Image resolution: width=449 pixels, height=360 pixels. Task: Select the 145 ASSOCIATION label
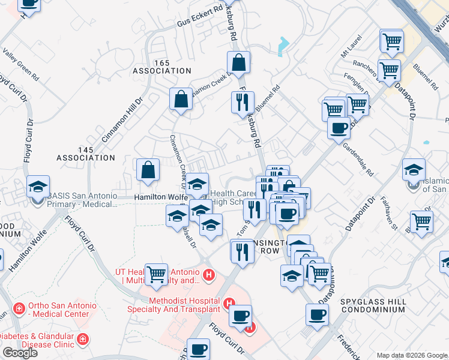tap(85, 153)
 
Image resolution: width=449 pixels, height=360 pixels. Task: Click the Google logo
tap(20, 353)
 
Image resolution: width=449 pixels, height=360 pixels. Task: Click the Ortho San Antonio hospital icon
tap(20, 307)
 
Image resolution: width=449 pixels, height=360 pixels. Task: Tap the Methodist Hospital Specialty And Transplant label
tap(174, 305)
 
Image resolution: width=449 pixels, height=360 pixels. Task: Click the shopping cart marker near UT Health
tap(157, 274)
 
